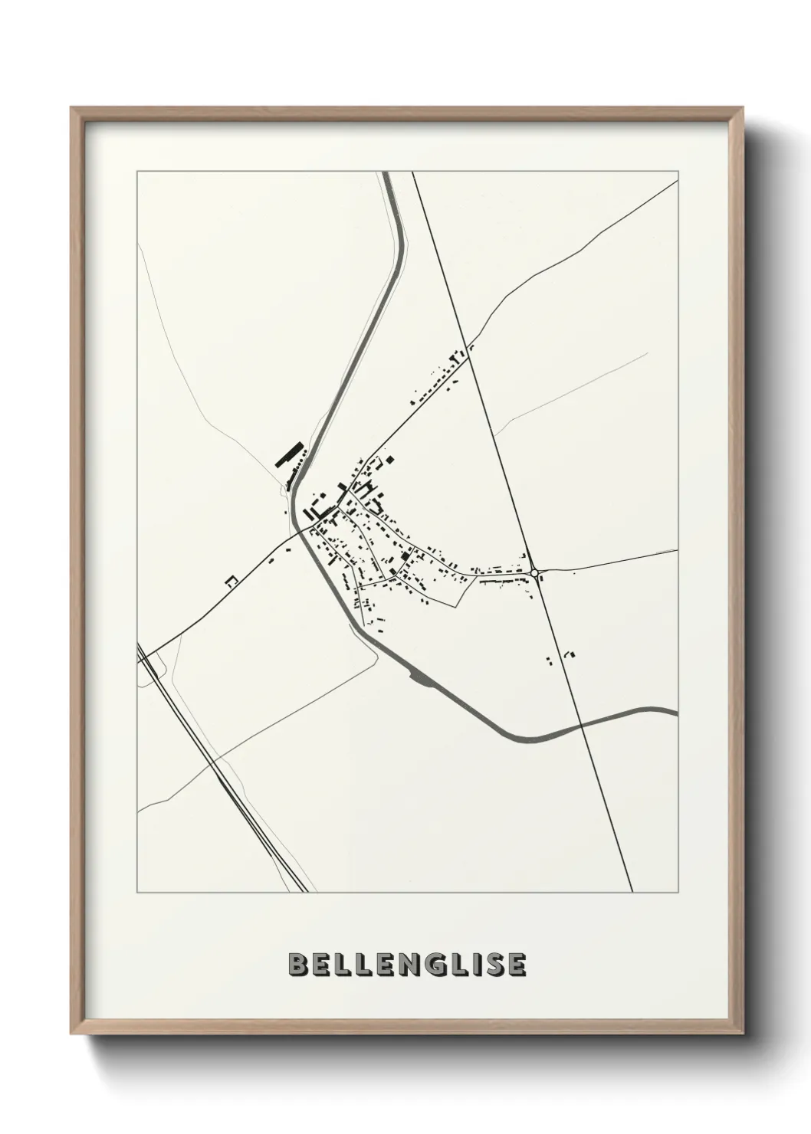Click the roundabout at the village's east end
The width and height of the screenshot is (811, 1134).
pos(534,572)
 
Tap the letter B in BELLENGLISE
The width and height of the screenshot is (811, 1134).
pos(298,965)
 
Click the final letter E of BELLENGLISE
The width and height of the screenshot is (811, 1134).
pos(516,965)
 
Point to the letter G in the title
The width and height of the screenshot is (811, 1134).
pos(426,965)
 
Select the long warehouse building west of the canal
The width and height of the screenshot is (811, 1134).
pos(288,454)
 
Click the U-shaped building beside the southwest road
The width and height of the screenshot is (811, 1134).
pos(230,582)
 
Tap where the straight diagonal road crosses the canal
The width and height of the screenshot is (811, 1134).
pos(583,724)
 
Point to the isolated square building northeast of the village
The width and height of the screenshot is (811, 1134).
pos(390,460)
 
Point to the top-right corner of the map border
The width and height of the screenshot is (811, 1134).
pos(677,172)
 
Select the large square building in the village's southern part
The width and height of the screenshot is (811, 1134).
pos(404,558)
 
